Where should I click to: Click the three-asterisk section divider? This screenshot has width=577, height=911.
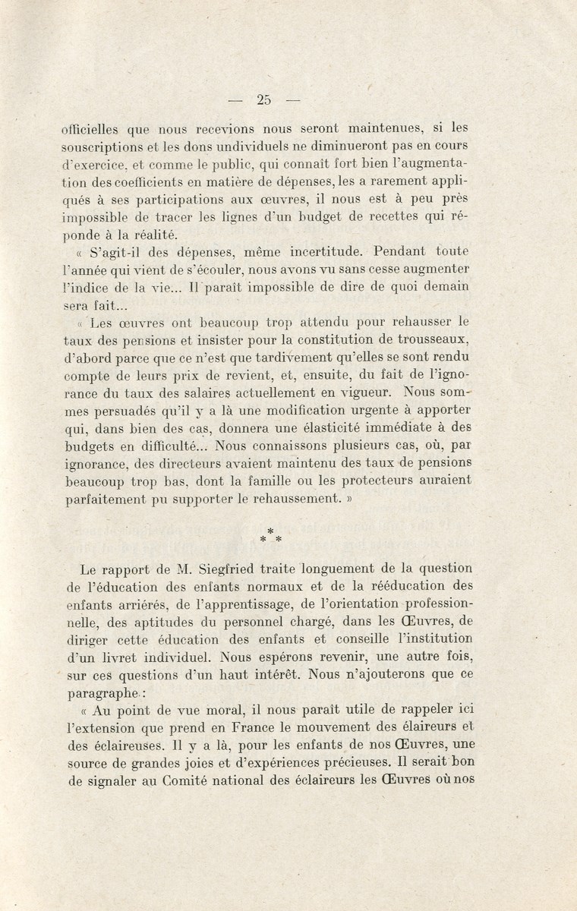pyautogui.click(x=270, y=536)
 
